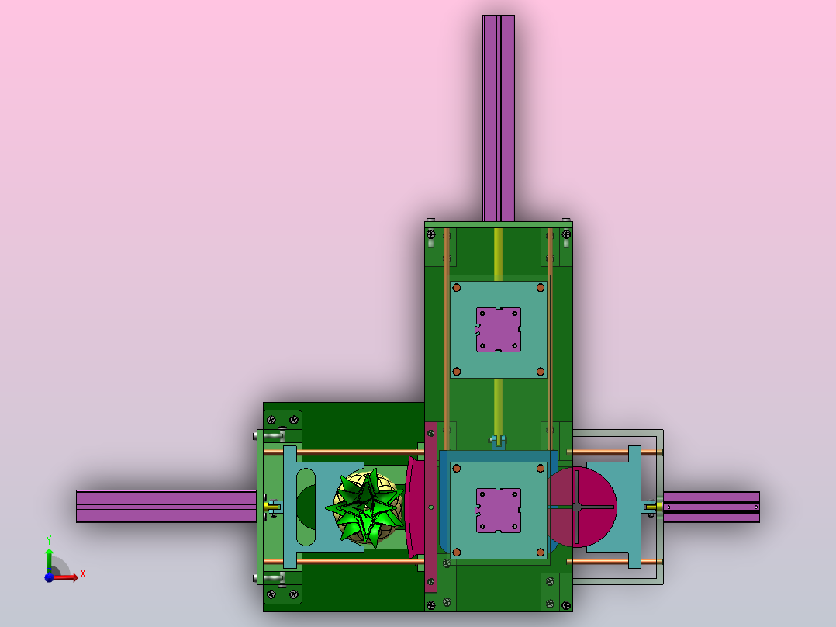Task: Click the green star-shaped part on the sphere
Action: coord(367,508)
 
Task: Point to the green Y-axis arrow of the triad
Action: coord(49,560)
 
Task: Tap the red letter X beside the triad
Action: coord(83,574)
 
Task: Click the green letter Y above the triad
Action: coord(49,540)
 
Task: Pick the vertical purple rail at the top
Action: coord(499,118)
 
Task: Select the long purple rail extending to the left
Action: coord(166,507)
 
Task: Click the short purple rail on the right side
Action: coord(711,507)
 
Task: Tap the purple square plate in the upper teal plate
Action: coord(499,330)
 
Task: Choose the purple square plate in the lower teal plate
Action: coord(499,511)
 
